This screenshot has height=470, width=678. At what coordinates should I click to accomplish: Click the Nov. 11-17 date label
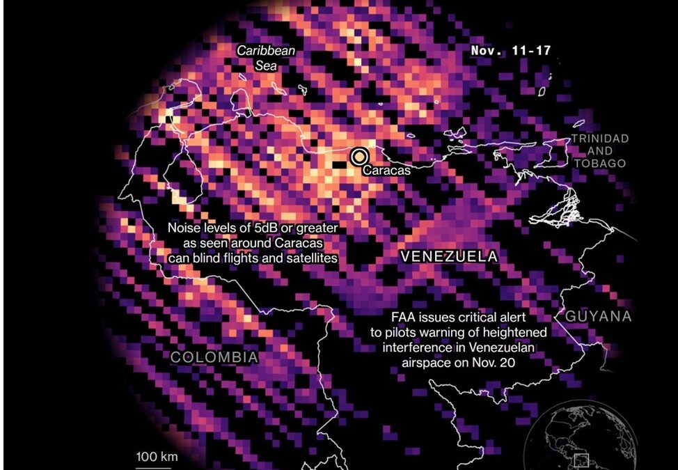510,51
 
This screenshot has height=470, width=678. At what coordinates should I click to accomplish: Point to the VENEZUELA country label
449,257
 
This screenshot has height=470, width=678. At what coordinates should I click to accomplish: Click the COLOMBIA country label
214,357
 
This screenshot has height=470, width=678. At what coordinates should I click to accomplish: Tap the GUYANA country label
598,317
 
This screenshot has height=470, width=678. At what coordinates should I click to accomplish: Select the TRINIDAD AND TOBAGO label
599,151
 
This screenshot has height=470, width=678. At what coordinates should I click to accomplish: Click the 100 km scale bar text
157,457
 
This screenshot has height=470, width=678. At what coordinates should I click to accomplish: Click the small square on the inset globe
581,460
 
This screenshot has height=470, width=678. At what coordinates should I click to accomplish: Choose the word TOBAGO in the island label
599,164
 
